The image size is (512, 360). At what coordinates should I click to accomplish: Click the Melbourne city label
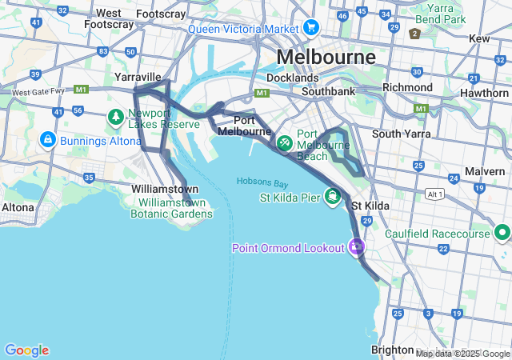pyautogui.click(x=326, y=58)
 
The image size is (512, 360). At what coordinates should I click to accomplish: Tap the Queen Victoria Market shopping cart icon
pyautogui.click(x=310, y=30)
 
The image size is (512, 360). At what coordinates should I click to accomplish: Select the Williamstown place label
pyautogui.click(x=165, y=189)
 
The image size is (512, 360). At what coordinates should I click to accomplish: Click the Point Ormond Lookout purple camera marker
pyautogui.click(x=355, y=247)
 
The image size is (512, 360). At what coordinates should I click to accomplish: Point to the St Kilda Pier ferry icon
pyautogui.click(x=332, y=196)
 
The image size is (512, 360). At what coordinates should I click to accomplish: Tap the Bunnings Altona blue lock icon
pyautogui.click(x=47, y=140)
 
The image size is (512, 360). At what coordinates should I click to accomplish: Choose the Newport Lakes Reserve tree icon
pyautogui.click(x=116, y=118)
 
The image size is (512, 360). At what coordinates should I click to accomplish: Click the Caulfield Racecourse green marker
pyautogui.click(x=502, y=234)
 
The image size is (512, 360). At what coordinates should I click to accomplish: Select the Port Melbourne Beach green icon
pyautogui.click(x=284, y=144)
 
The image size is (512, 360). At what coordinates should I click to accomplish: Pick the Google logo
pyautogui.click(x=26, y=350)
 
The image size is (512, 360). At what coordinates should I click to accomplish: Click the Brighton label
pyautogui.click(x=393, y=350)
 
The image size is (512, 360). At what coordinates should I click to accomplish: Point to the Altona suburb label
pyautogui.click(x=18, y=207)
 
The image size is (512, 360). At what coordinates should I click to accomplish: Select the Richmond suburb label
pyautogui.click(x=407, y=87)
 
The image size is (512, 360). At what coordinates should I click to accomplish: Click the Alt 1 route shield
pyautogui.click(x=435, y=194)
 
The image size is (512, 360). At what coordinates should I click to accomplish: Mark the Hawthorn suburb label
pyautogui.click(x=484, y=94)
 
